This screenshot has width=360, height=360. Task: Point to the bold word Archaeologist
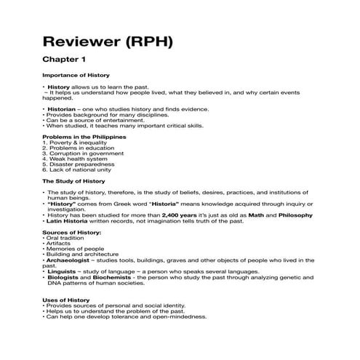point(76,260)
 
